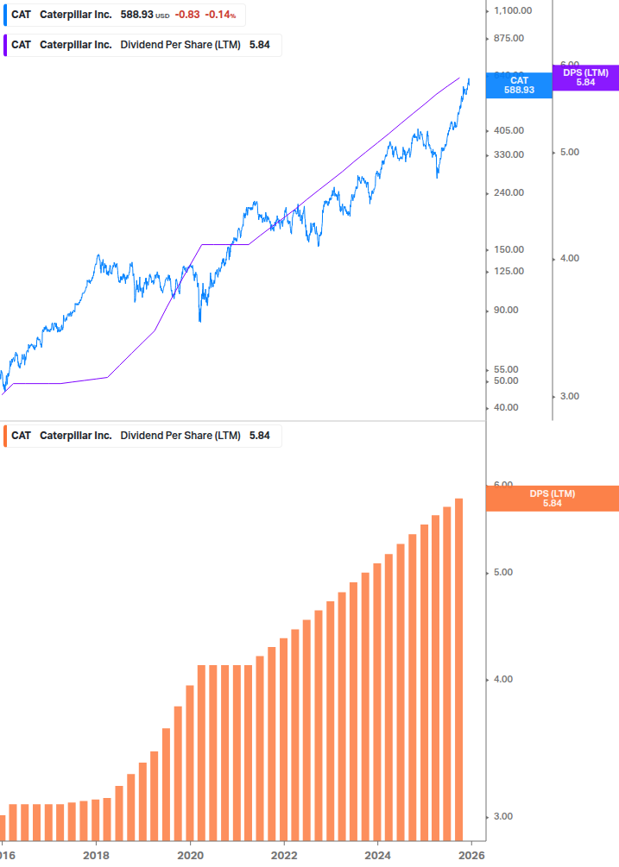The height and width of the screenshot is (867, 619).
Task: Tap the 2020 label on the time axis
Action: click(190, 855)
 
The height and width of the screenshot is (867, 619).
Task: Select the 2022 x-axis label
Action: click(284, 855)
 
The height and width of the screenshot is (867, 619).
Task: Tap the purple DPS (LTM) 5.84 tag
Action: click(586, 78)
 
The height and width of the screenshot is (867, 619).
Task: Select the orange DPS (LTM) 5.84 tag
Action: click(553, 498)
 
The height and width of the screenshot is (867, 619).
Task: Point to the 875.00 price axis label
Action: click(509, 39)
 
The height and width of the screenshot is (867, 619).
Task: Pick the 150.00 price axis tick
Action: click(509, 249)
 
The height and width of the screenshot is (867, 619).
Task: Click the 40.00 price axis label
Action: click(507, 407)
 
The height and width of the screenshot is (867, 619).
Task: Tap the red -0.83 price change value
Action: click(186, 16)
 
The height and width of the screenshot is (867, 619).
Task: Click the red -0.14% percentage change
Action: click(220, 16)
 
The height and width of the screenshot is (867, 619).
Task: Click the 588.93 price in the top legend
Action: click(135, 16)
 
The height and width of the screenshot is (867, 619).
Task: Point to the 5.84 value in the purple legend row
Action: click(260, 45)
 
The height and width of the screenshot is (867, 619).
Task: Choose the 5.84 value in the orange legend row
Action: click(260, 436)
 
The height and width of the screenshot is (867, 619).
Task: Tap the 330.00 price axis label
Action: click(509, 154)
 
